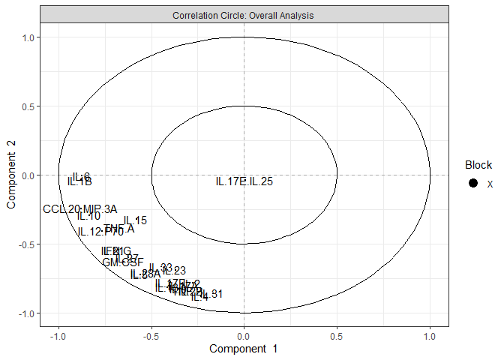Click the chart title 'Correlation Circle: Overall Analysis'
tap(243, 14)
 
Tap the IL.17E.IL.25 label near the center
tap(244, 181)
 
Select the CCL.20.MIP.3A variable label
tap(79, 209)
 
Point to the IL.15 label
tap(136, 220)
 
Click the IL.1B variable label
tap(79, 181)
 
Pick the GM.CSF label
tap(123, 262)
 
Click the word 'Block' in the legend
tap(478, 165)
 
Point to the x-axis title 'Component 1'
tap(244, 349)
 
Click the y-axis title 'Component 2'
tap(12, 175)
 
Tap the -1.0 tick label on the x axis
tap(58, 337)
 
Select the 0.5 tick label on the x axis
tap(337, 337)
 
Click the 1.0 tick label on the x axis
tap(429, 337)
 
